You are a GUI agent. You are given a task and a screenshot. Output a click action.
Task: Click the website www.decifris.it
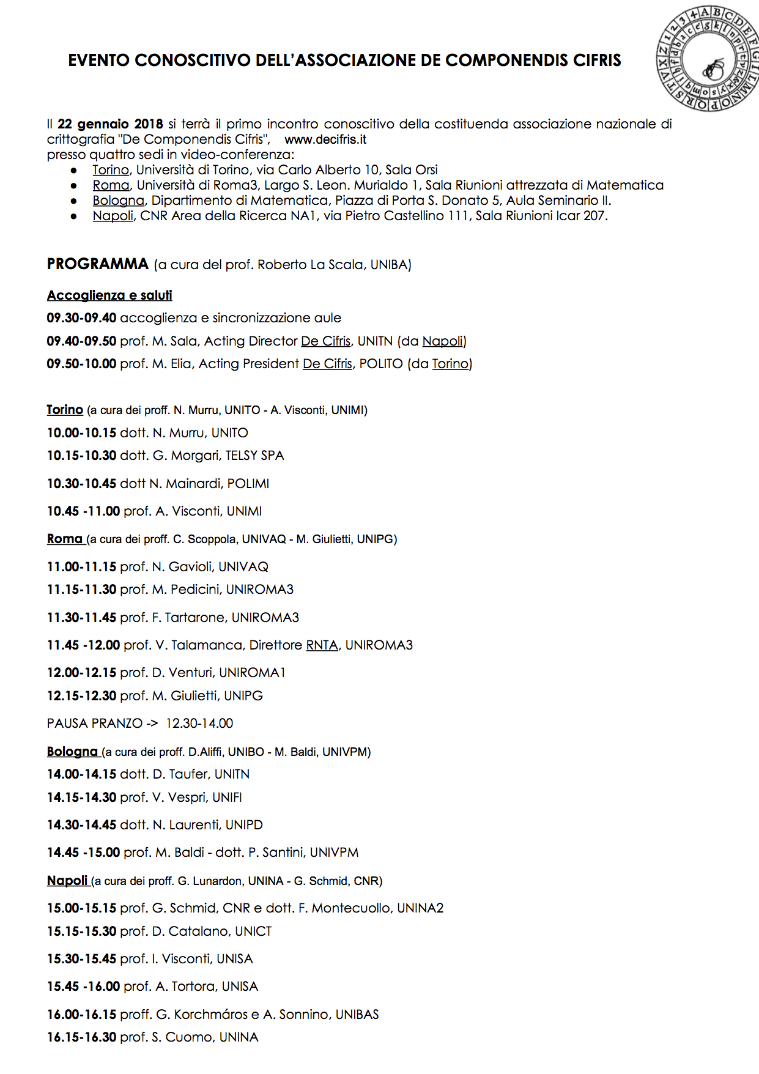pos(325,139)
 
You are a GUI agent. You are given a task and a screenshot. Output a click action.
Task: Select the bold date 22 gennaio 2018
pos(110,124)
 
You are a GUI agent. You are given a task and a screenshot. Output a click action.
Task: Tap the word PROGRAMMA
pos(98,264)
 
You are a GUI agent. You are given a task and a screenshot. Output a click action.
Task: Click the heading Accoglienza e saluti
pos(109,295)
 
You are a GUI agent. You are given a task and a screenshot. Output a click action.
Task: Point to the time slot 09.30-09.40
pos(81,318)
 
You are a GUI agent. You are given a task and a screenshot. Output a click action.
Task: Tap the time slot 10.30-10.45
pos(81,484)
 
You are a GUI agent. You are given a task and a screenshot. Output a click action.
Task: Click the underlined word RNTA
pos(322,645)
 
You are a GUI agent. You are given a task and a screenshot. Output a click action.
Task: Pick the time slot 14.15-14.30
pos(81,798)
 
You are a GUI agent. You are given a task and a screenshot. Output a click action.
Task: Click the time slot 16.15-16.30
pos(81,1037)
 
